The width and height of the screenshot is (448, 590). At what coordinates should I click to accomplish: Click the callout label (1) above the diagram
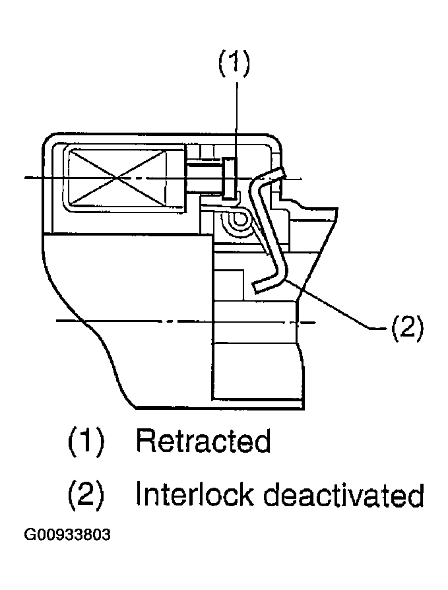tap(233, 65)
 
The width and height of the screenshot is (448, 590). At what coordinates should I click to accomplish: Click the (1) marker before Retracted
tap(86, 441)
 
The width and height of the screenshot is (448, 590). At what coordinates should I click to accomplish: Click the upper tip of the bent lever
tap(278, 173)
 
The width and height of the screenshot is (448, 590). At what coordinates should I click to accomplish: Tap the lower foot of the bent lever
tap(261, 284)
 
